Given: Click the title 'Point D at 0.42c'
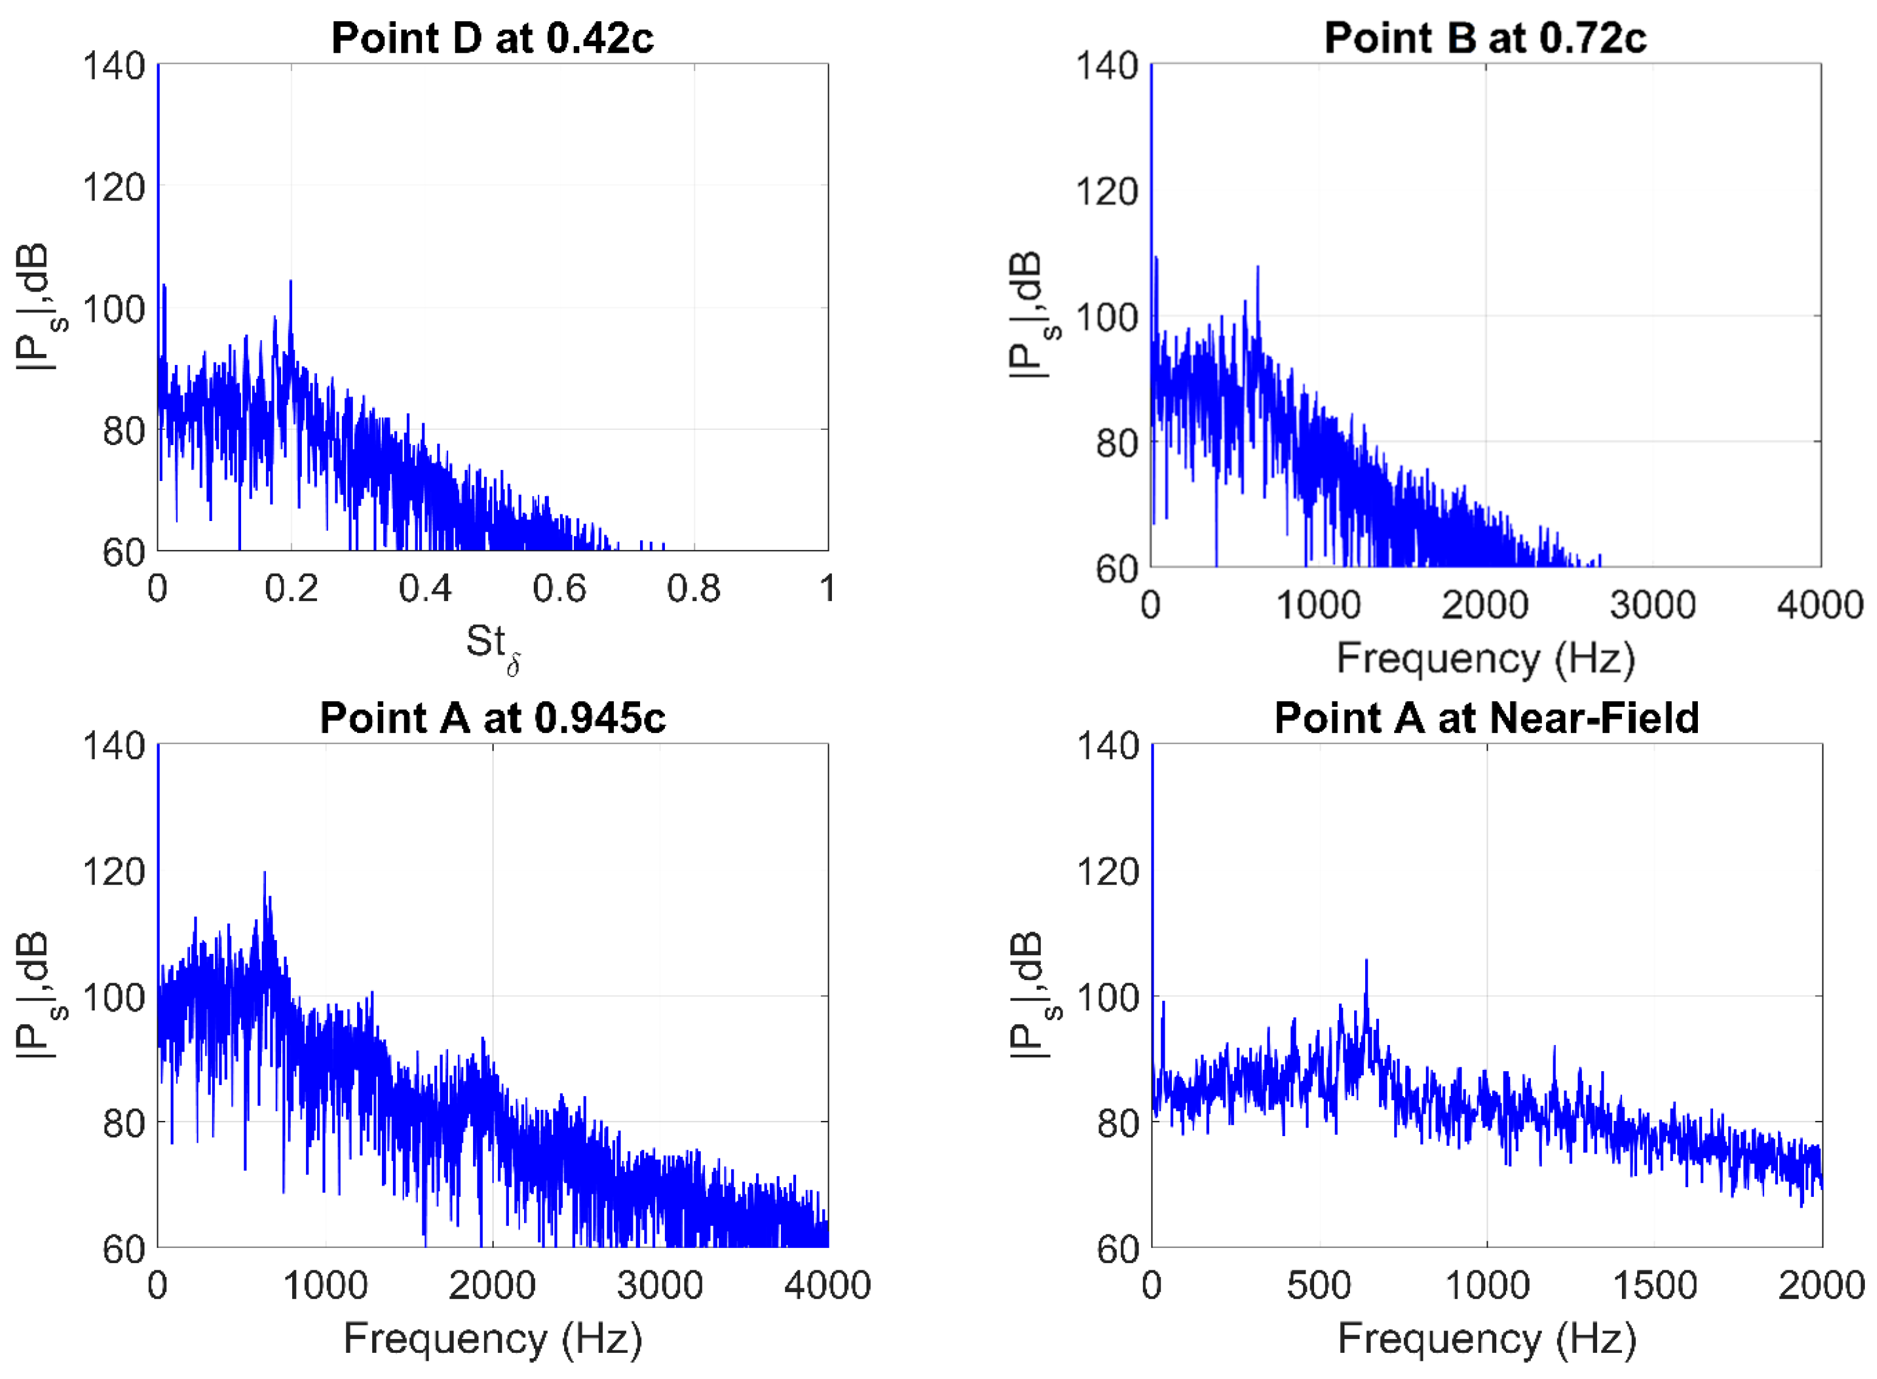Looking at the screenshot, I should [492, 38].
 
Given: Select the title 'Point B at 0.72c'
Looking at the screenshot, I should [1485, 38].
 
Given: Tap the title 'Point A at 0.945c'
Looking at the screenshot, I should [492, 718].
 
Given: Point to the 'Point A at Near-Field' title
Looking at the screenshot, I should [1487, 718].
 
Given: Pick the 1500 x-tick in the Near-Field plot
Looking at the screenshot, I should [1654, 1285].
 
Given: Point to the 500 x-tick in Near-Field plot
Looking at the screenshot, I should [1319, 1285].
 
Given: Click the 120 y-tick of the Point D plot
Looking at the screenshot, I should [114, 187].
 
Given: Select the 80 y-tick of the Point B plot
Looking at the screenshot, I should [1117, 443].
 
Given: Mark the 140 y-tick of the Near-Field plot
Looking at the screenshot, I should [1108, 746].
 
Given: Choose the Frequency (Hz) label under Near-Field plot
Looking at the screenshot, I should [1487, 1339].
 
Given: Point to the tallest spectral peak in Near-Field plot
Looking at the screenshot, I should [1366, 962].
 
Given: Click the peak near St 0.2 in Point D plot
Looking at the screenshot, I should [290, 282].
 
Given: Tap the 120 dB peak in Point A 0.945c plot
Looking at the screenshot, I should [265, 873].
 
